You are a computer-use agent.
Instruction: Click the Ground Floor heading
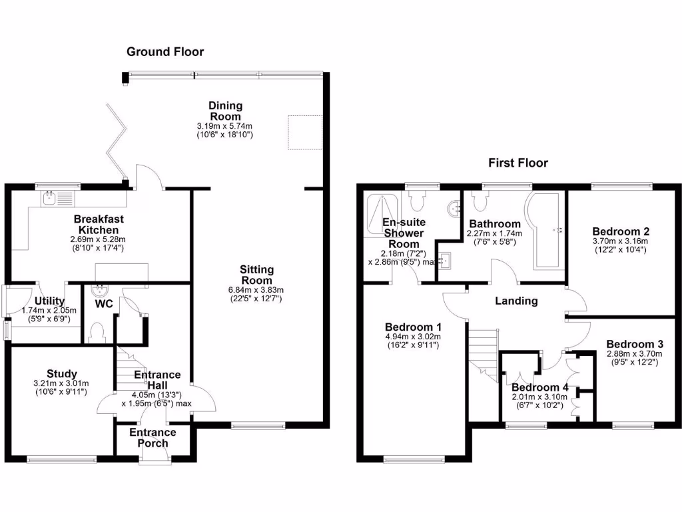pyautogui.click(x=165, y=52)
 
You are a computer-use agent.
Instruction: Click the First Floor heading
pyautogui.click(x=517, y=163)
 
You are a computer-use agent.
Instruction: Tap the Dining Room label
pyautogui.click(x=225, y=111)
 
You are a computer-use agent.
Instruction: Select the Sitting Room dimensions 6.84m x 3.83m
pyautogui.click(x=257, y=290)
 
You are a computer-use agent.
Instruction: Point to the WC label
pyautogui.click(x=103, y=305)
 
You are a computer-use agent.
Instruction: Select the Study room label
pyautogui.click(x=61, y=373)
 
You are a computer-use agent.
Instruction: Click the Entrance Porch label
pyautogui.click(x=153, y=437)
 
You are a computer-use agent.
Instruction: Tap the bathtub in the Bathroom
pyautogui.click(x=546, y=230)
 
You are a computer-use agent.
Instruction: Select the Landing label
pyautogui.click(x=516, y=301)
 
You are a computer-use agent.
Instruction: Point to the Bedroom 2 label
pyautogui.click(x=621, y=231)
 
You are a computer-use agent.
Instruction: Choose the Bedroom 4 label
pyautogui.click(x=539, y=387)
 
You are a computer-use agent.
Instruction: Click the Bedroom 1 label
pyautogui.click(x=413, y=327)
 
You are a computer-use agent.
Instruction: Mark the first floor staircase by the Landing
pyautogui.click(x=484, y=351)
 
